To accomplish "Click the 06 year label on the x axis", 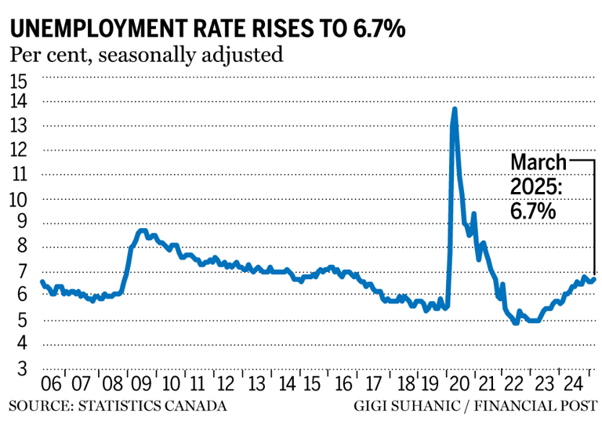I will (x=52, y=385).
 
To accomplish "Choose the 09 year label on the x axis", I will (x=141, y=385).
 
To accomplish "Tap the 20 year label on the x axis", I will (x=459, y=385).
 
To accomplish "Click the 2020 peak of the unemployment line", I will (x=455, y=110).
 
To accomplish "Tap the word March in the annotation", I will (x=539, y=162).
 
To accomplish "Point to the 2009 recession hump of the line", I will (x=142, y=231).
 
